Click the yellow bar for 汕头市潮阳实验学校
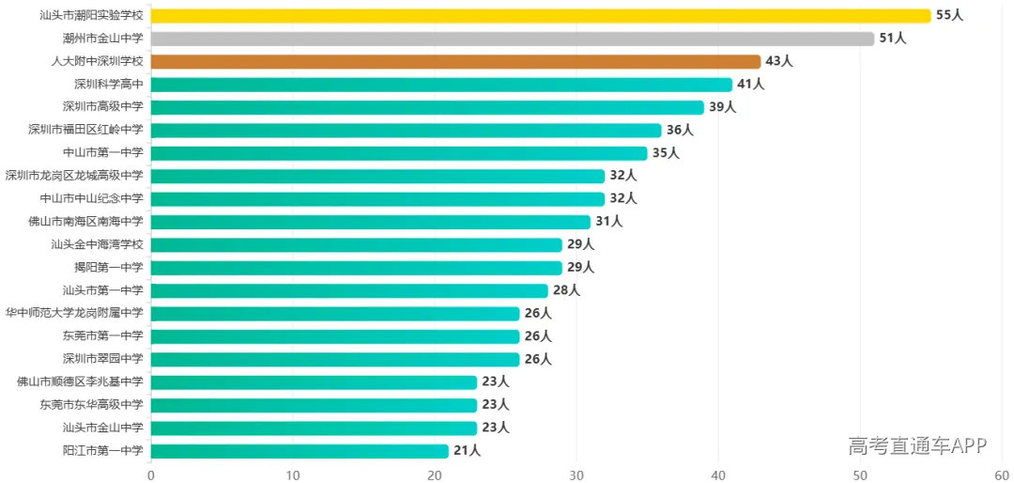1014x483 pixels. coord(541,16)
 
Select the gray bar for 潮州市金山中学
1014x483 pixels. coord(513,39)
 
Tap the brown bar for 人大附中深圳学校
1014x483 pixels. coord(456,61)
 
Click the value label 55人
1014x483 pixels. coord(949,16)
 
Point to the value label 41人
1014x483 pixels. coord(751,85)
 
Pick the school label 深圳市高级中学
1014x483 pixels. coord(103,107)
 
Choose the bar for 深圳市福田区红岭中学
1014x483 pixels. coord(407,130)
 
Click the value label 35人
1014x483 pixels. coord(666,153)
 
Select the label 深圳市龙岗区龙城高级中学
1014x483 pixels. coord(74,176)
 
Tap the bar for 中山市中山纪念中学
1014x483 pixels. coord(377,199)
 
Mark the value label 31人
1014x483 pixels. coord(608,222)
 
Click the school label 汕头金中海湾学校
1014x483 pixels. coord(97,244)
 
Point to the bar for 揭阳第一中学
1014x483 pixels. coord(357,268)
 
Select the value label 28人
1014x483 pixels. coord(566,290)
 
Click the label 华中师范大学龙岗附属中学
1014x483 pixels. coord(74,313)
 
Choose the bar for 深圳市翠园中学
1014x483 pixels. coord(335,359)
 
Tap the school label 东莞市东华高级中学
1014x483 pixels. coord(91,405)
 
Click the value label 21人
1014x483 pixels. coord(467,451)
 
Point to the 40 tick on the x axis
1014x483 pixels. coord(718,474)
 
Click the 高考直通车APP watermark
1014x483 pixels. coord(917,445)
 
